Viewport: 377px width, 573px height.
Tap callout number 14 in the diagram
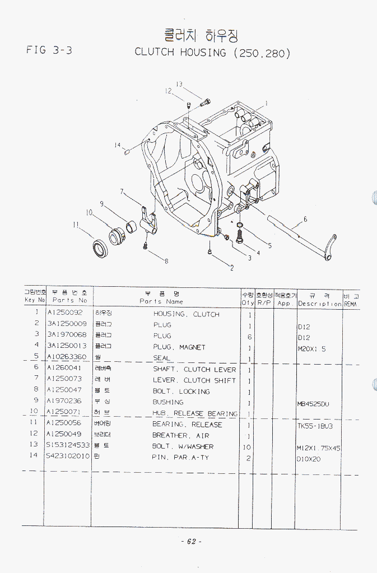pos(118,146)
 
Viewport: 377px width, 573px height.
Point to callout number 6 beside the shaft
pos(305,219)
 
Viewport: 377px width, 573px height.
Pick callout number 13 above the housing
pos(179,85)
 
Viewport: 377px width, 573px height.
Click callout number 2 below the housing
pos(232,268)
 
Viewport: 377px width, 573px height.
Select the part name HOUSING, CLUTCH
pos(186,314)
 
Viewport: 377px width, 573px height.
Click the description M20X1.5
pos(311,347)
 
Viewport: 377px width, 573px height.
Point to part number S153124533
pos(68,446)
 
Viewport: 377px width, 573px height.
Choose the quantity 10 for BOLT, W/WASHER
pos(247,447)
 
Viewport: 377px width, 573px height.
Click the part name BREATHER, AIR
pos(180,435)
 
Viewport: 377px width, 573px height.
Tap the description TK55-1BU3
pos(315,425)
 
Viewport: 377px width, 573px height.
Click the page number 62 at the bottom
pos(190,541)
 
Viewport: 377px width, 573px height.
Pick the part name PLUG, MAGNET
pos(179,347)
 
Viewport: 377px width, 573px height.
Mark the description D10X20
pos(309,458)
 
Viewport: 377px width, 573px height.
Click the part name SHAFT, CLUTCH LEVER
pos(194,370)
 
